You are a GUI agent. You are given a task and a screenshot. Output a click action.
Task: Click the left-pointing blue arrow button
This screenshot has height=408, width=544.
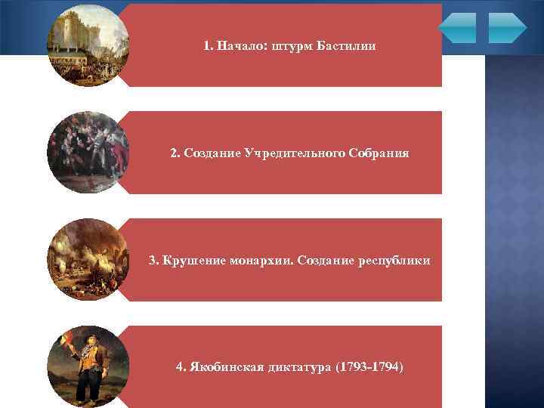pyautogui.click(x=457, y=27)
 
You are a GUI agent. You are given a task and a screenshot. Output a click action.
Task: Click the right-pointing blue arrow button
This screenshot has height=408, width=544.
pyautogui.click(x=507, y=27)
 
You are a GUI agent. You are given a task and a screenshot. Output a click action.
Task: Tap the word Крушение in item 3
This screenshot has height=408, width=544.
pyautogui.click(x=190, y=261)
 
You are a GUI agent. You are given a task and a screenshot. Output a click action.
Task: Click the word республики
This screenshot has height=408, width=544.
pyautogui.click(x=388, y=261)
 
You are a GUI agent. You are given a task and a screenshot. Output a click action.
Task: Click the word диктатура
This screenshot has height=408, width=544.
pyautogui.click(x=303, y=368)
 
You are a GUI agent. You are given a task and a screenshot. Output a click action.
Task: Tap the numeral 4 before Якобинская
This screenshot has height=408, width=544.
pyautogui.click(x=179, y=368)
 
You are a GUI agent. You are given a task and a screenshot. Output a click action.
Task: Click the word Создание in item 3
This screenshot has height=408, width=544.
pyautogui.click(x=323, y=261)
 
